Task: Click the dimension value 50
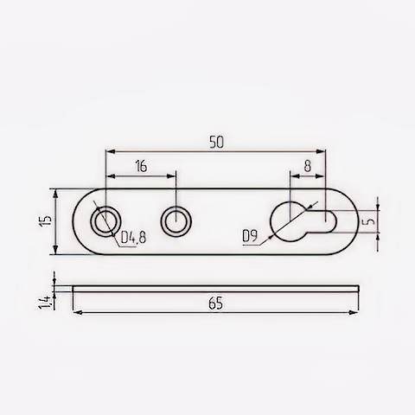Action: [216, 142]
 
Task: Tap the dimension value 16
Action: [141, 166]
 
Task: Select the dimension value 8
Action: [308, 166]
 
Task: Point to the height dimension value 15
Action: [45, 220]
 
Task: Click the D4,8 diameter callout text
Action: [133, 237]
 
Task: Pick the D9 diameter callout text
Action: [250, 236]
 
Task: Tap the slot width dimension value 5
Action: [370, 221]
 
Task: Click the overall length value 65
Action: [216, 303]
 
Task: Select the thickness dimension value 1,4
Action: [45, 303]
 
